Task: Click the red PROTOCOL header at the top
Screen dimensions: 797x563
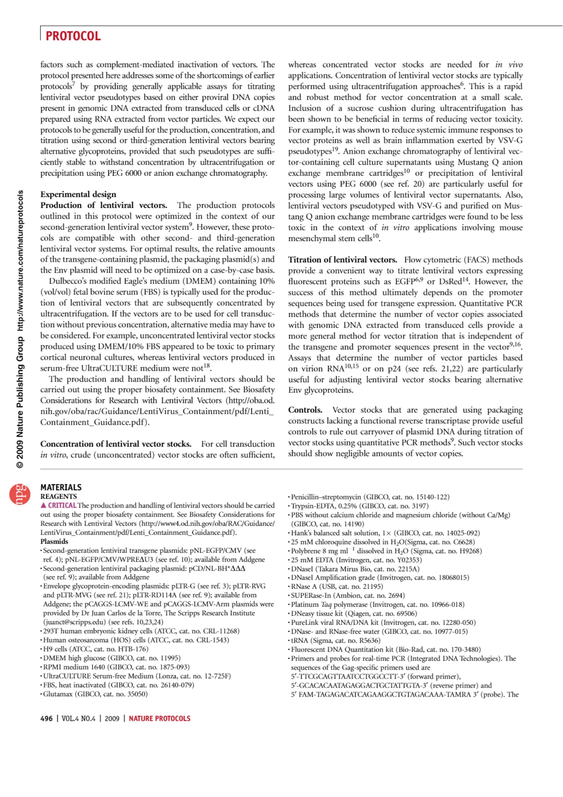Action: coord(73,36)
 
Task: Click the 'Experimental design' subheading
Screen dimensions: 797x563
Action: coord(78,194)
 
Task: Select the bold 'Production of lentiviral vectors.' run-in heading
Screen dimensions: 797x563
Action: coord(103,205)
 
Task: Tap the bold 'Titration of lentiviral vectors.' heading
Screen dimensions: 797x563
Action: coord(342,260)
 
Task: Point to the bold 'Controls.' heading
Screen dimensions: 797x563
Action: coord(305,410)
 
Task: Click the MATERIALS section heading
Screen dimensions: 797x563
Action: coord(61,487)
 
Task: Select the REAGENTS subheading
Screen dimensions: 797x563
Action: coord(59,496)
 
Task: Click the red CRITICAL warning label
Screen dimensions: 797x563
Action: coord(59,506)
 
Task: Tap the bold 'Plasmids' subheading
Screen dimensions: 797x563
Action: coord(54,541)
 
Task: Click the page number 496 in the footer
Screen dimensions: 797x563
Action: coord(46,719)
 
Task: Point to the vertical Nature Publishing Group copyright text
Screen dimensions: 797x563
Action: coord(20,329)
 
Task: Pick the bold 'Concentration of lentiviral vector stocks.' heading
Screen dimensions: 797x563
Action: coord(116,444)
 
